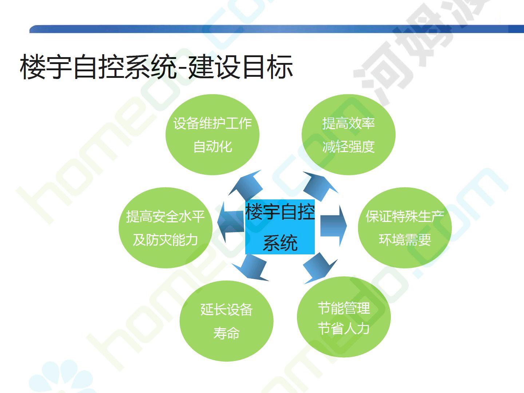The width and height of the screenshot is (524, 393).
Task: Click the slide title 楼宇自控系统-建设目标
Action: pos(156,67)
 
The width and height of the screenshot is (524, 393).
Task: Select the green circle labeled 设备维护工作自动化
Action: pos(213,135)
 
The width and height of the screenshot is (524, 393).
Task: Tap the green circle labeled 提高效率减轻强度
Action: pos(349,135)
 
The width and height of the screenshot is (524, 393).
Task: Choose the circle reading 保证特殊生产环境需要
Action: pos(405,228)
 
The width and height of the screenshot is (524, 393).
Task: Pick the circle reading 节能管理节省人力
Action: pos(344,317)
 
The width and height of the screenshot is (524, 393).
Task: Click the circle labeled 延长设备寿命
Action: pos(227,321)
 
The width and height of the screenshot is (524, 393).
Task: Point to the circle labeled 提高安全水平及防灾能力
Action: pos(166,228)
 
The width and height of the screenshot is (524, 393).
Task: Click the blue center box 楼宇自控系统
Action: pos(280,227)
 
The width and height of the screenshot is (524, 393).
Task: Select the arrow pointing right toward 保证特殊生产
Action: pos(333,226)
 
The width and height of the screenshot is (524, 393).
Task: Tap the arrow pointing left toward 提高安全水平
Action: pos(231,222)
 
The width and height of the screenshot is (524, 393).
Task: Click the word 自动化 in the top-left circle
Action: pos(213,147)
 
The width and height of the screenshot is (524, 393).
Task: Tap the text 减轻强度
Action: pos(349,147)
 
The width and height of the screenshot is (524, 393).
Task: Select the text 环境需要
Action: pos(405,239)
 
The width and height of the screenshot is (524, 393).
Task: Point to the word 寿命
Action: pos(227,333)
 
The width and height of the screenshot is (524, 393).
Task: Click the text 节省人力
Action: pos(344,328)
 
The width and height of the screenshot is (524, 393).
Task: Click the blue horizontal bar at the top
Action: pos(277,29)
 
